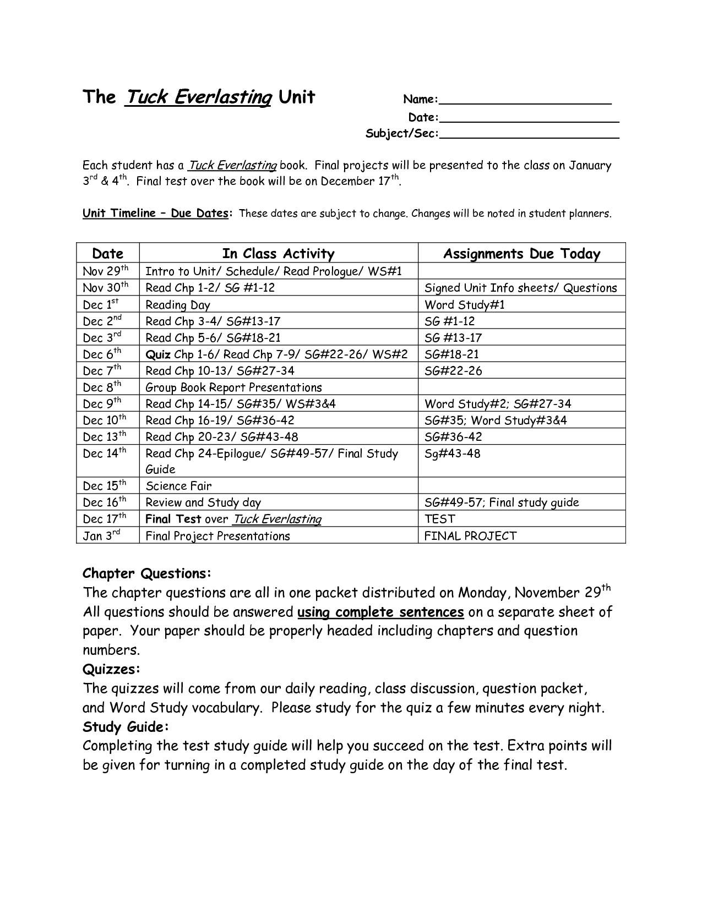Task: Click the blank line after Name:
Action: tap(526, 101)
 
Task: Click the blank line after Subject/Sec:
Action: tap(530, 134)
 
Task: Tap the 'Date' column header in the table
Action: tap(107, 254)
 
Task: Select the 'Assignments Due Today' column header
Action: tap(521, 254)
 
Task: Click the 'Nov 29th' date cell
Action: tap(106, 271)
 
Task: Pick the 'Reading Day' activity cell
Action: tap(177, 305)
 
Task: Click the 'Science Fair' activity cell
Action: tap(178, 486)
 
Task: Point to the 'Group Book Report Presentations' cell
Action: tap(233, 387)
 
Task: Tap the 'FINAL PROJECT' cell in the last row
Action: tap(470, 536)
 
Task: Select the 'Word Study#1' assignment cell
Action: tap(465, 305)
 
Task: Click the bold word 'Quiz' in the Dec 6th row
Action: tap(157, 354)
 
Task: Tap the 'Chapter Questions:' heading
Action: tap(146, 573)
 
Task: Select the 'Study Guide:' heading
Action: tap(126, 727)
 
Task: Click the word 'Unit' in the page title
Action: tap(297, 97)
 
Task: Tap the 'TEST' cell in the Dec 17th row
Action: tap(440, 519)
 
